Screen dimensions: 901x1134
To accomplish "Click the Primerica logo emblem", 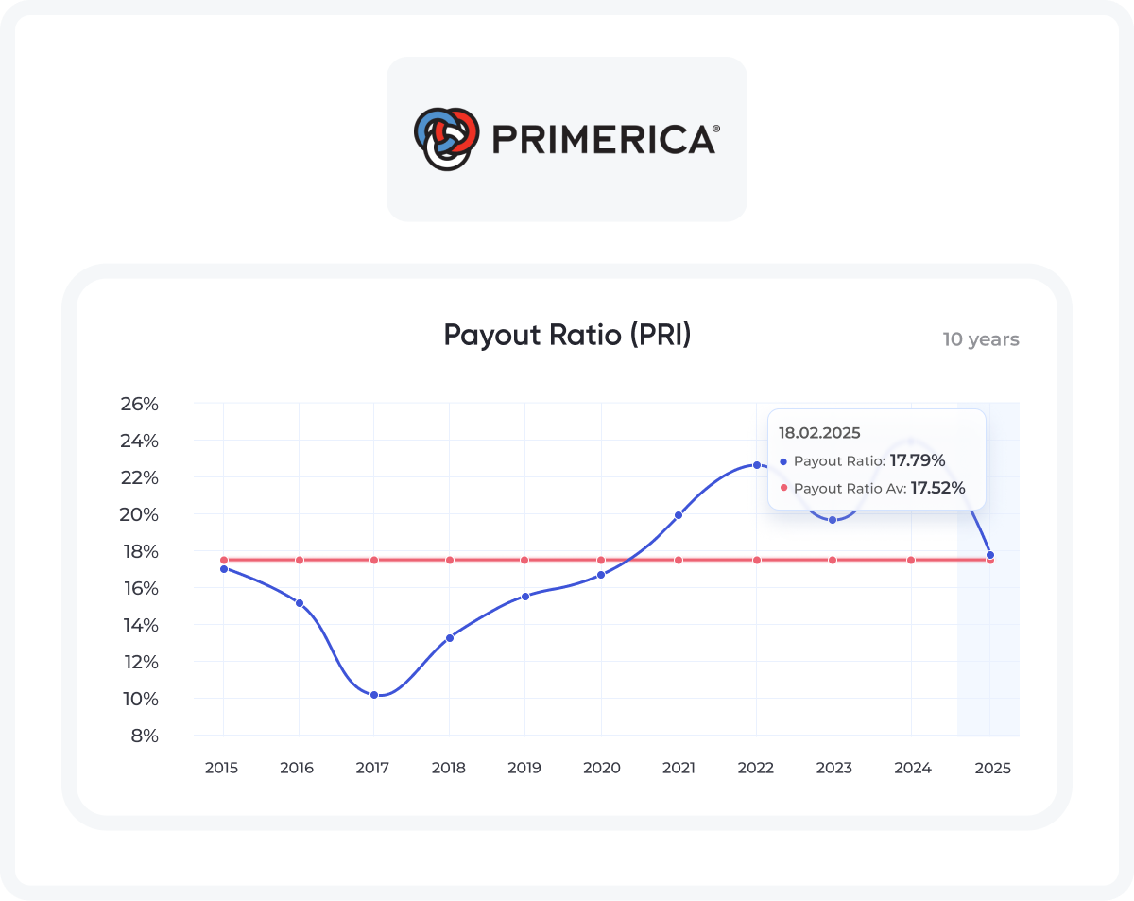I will tap(444, 138).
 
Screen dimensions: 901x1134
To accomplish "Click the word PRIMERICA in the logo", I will tap(605, 139).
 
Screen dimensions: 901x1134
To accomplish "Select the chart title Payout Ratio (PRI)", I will tap(567, 335).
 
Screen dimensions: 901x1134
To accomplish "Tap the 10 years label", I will tap(981, 339).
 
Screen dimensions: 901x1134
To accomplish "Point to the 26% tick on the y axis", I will tap(139, 404).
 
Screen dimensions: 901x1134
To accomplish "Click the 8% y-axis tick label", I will tap(144, 736).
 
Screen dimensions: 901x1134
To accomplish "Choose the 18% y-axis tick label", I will tap(139, 551).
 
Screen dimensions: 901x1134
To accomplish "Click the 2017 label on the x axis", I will tap(373, 768).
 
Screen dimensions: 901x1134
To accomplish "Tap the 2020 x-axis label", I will tap(601, 768).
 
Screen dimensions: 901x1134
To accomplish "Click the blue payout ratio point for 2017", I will tap(374, 695).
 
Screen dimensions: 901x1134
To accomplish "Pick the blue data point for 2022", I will tap(756, 464).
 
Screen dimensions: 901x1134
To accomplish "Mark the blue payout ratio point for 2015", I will tap(223, 569).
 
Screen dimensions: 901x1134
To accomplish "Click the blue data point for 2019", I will tap(524, 596).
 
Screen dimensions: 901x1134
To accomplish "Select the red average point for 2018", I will tap(449, 560).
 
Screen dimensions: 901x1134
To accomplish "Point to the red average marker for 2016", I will tap(300, 560).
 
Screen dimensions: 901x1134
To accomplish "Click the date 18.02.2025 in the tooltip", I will tap(819, 433).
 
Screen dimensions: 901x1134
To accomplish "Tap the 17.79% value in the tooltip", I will tap(918, 461).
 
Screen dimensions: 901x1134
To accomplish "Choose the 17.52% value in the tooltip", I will tap(937, 489).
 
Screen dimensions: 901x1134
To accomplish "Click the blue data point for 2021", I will tap(679, 515).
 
